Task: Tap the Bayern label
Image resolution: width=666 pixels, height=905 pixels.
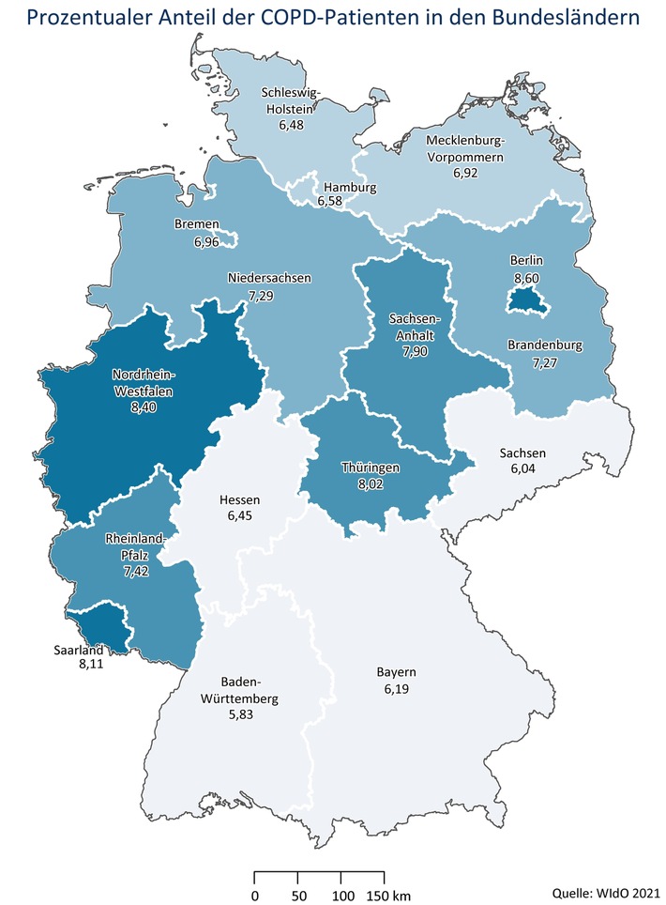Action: tap(396, 672)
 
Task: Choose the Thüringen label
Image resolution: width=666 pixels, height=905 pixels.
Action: tap(371, 466)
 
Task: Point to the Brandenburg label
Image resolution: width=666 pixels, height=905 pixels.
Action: tap(545, 345)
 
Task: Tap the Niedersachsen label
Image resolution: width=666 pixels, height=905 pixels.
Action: tap(269, 279)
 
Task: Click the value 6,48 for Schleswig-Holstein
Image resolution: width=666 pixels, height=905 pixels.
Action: tap(293, 124)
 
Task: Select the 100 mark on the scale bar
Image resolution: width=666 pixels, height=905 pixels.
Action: tap(343, 895)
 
